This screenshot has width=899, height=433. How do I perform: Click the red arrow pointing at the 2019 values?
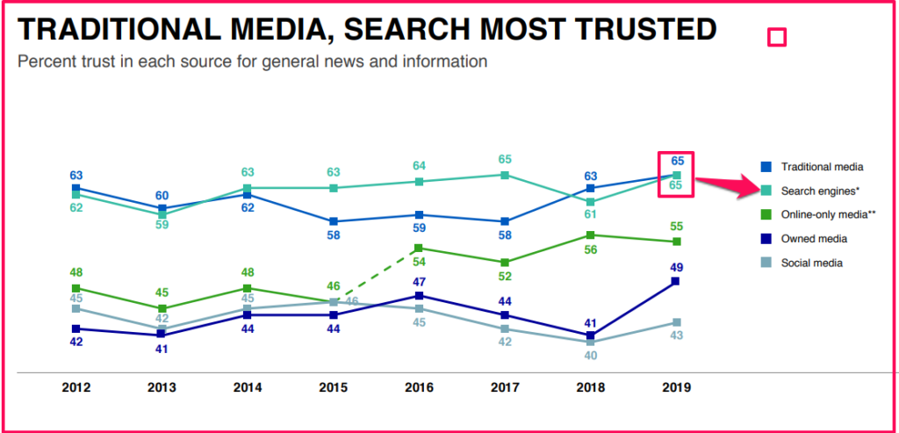click(x=725, y=184)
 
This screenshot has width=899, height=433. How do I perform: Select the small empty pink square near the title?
click(x=776, y=37)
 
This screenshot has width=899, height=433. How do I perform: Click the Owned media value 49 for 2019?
click(x=676, y=267)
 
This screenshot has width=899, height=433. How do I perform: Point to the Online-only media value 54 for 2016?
click(x=420, y=262)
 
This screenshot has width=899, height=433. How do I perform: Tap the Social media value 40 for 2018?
click(x=591, y=357)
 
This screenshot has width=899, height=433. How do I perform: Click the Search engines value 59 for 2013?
click(x=162, y=225)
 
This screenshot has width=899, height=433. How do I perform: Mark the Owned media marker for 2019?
click(x=676, y=281)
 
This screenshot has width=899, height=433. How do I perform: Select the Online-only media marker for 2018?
click(x=591, y=235)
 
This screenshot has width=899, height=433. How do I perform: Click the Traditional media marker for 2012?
click(x=76, y=188)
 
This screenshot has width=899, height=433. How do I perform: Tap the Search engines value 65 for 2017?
click(x=505, y=160)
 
